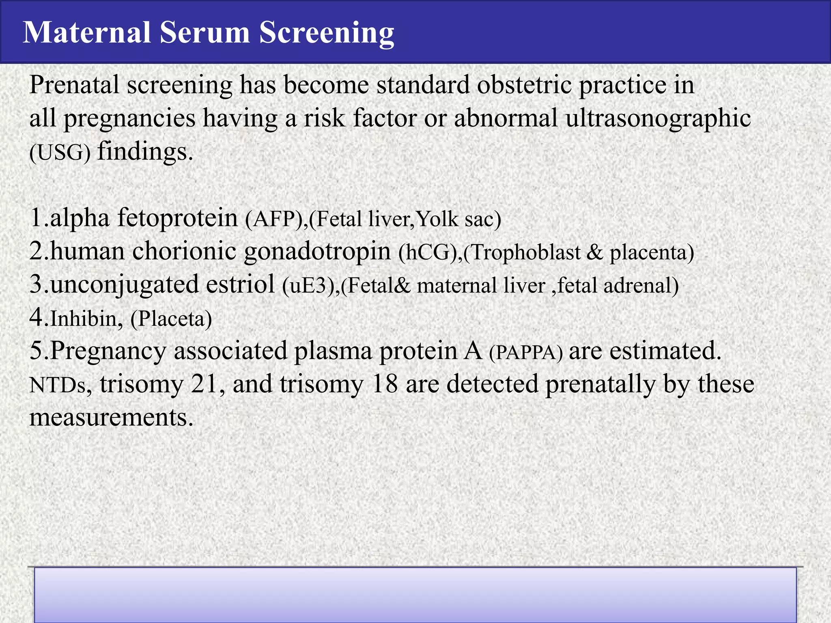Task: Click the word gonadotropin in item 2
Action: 317,251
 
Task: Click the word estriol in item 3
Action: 240,285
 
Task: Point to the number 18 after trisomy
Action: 384,384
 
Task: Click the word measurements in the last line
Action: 111,418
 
